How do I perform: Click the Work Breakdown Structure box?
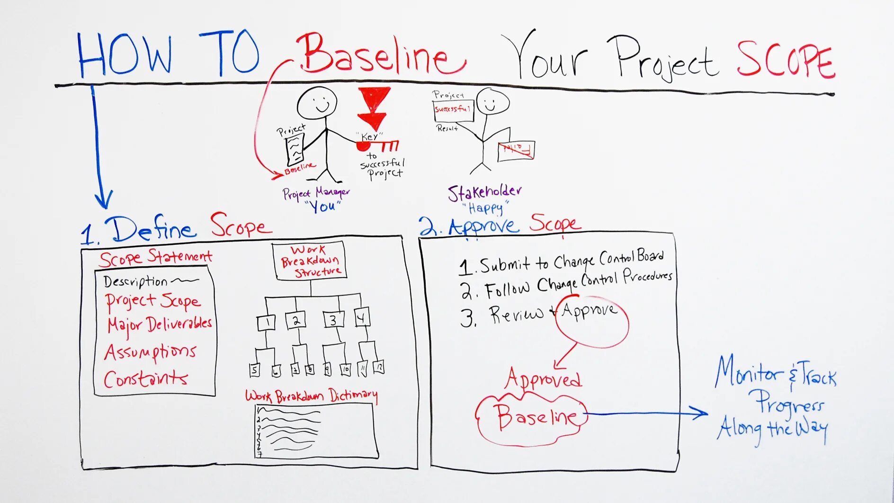[x=310, y=261]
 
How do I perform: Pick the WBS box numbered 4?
[x=362, y=317]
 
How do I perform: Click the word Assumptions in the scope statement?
[x=150, y=352]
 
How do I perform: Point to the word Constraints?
[x=145, y=379]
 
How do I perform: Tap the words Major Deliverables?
[x=159, y=325]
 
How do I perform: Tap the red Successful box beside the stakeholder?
[x=453, y=110]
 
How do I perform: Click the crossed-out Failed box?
[x=516, y=150]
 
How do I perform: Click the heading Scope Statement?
[x=155, y=257]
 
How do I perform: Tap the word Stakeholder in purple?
[x=484, y=192]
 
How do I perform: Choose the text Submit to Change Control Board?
[x=571, y=262]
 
